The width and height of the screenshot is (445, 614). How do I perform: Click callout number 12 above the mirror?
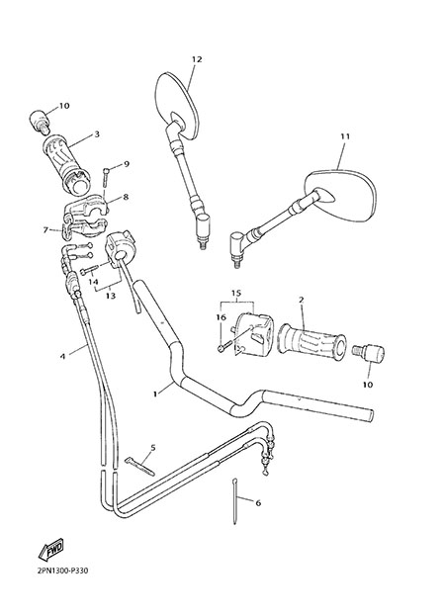click(x=197, y=59)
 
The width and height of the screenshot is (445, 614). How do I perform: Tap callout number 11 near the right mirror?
click(x=345, y=136)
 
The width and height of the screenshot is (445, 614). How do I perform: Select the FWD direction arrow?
click(x=50, y=549)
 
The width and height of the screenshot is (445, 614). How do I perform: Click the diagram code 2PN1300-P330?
click(x=62, y=570)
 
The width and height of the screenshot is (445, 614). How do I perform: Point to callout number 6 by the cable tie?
click(x=258, y=503)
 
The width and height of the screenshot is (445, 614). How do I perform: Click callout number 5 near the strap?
click(x=152, y=448)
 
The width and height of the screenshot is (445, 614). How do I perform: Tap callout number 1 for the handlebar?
click(x=155, y=394)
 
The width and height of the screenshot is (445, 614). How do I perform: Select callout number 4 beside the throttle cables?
click(x=62, y=357)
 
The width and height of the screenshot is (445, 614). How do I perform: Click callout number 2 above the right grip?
click(x=302, y=300)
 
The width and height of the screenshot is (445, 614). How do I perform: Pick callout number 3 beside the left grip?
click(x=97, y=134)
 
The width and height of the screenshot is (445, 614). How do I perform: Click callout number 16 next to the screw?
click(x=222, y=317)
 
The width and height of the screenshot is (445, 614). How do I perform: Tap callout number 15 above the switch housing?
click(x=236, y=293)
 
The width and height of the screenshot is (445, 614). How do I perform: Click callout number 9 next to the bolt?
click(x=127, y=164)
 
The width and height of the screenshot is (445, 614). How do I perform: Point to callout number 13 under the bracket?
click(x=111, y=296)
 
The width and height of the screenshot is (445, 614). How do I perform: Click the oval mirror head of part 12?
click(x=177, y=106)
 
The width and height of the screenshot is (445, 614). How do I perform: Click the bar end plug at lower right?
click(x=369, y=352)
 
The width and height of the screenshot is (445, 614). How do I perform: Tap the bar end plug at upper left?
click(x=41, y=122)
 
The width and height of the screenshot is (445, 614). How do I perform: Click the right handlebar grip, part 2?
click(x=312, y=342)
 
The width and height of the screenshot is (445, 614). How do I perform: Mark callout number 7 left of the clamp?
click(x=45, y=230)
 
